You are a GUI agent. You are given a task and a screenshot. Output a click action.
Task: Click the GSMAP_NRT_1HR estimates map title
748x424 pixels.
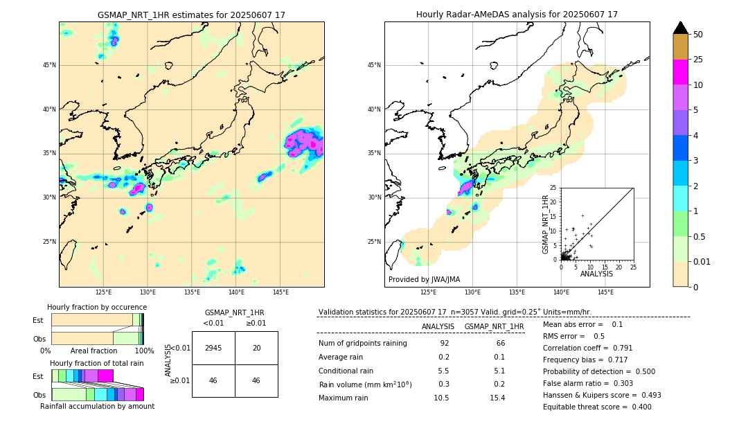(x=191, y=15)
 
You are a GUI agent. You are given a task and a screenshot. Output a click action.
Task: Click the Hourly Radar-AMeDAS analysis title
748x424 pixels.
(x=517, y=15)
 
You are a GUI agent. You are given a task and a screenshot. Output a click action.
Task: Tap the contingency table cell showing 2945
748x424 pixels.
(x=213, y=348)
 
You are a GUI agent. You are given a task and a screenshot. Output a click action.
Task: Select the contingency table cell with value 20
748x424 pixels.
(x=256, y=348)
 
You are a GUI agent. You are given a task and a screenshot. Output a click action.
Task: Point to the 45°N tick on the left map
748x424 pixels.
(x=49, y=65)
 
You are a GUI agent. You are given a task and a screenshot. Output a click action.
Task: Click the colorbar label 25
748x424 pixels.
(x=698, y=60)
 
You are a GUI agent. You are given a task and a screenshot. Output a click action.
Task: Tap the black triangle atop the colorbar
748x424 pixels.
(x=680, y=28)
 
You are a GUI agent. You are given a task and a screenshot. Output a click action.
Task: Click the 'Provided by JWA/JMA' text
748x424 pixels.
(x=424, y=280)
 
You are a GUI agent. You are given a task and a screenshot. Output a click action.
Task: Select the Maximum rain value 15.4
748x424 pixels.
(x=497, y=398)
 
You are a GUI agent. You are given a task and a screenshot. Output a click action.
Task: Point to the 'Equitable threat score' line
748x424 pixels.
(x=597, y=407)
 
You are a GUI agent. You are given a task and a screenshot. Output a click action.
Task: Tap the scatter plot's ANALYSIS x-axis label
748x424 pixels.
(x=596, y=274)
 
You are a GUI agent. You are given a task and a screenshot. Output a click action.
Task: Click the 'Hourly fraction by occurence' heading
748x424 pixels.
(x=97, y=307)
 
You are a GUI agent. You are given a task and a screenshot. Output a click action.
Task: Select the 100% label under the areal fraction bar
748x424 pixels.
(x=143, y=351)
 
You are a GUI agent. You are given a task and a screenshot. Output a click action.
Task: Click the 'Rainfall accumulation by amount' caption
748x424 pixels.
(x=96, y=406)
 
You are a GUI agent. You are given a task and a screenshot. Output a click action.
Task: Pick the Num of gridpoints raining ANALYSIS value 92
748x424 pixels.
(x=444, y=344)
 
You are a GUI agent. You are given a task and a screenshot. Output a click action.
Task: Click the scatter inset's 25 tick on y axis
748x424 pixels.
(x=553, y=188)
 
